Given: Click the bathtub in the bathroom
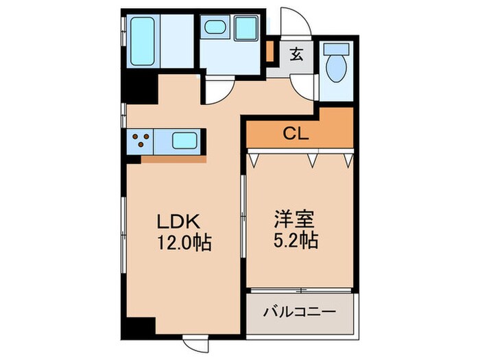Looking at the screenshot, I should click(142, 40).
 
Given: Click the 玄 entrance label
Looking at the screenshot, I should click(296, 54).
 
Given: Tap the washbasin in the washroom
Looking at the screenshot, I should click(214, 28).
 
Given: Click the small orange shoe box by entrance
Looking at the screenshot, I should click(270, 51).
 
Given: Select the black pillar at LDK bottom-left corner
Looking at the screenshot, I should click(141, 328).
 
